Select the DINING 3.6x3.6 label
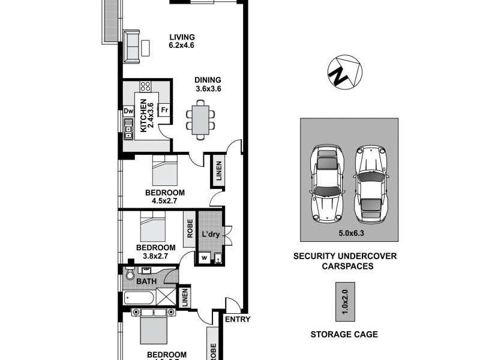pos(208,84)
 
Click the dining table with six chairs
pos(199,119)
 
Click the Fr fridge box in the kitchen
pos(164,110)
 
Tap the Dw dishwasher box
pos(128,110)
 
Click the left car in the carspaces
pos(326,182)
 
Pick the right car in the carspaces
pos(371,182)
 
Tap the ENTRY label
pos(237,319)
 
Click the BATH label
pos(148,280)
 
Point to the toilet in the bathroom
pos(130,274)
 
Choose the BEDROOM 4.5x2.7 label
pos(164,197)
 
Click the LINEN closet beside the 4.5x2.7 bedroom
pos(218,171)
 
